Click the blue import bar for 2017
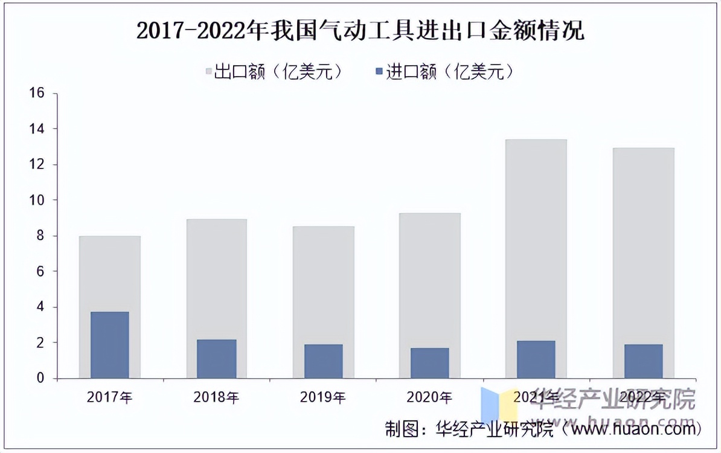110,345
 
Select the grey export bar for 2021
536,242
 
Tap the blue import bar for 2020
429,363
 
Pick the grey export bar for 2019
323,284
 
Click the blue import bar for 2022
643,361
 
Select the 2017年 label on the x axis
110,397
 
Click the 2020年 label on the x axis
429,397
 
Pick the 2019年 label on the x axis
323,397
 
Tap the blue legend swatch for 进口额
379,72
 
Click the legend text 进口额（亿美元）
450,72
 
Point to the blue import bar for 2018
216,359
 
